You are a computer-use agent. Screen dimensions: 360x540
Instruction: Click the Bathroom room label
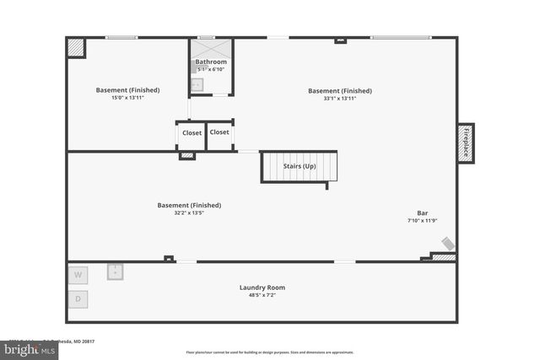click(x=211, y=62)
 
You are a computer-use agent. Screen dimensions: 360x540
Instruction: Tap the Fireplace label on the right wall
click(x=465, y=142)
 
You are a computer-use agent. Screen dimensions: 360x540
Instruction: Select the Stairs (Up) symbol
click(x=299, y=167)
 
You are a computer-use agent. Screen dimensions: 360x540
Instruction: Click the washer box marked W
click(x=78, y=275)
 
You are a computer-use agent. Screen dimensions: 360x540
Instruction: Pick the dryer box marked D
click(x=78, y=298)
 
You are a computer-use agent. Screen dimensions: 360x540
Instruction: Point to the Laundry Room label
click(x=262, y=287)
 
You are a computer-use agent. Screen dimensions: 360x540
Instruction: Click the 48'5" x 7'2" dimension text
click(x=262, y=296)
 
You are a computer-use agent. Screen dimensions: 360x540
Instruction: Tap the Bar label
click(x=422, y=212)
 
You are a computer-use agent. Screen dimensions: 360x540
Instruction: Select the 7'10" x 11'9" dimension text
click(x=422, y=221)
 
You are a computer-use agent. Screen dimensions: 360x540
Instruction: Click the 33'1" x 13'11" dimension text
click(x=339, y=99)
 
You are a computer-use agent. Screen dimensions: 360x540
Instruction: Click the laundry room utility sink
click(x=116, y=271)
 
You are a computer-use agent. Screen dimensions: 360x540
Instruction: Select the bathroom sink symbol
click(x=197, y=84)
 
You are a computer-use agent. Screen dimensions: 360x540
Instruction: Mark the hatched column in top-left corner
click(x=76, y=47)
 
